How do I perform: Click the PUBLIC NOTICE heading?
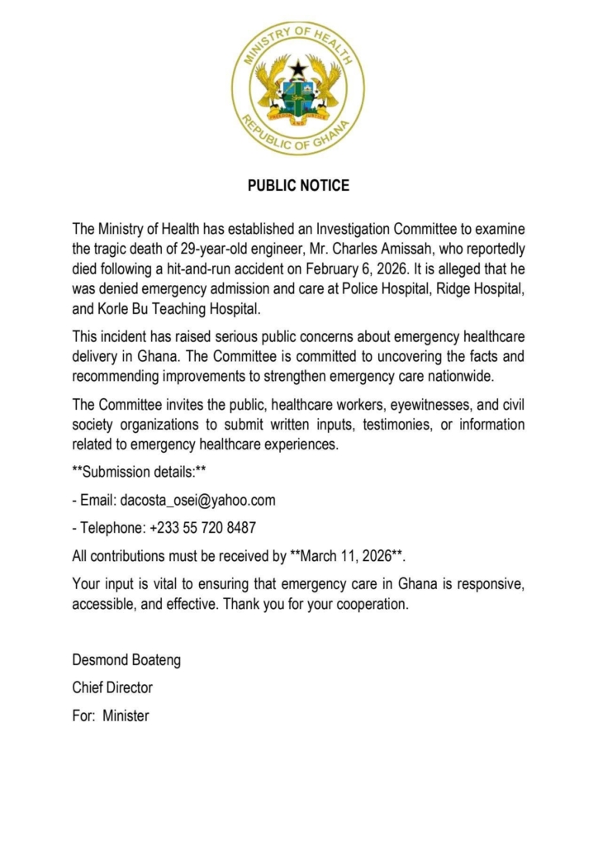(298, 186)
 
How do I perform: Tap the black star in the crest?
(298, 69)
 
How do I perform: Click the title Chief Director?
(112, 687)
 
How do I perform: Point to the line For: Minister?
(111, 715)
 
